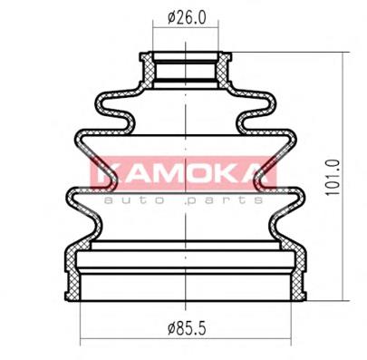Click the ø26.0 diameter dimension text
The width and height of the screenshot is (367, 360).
[x=186, y=15]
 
